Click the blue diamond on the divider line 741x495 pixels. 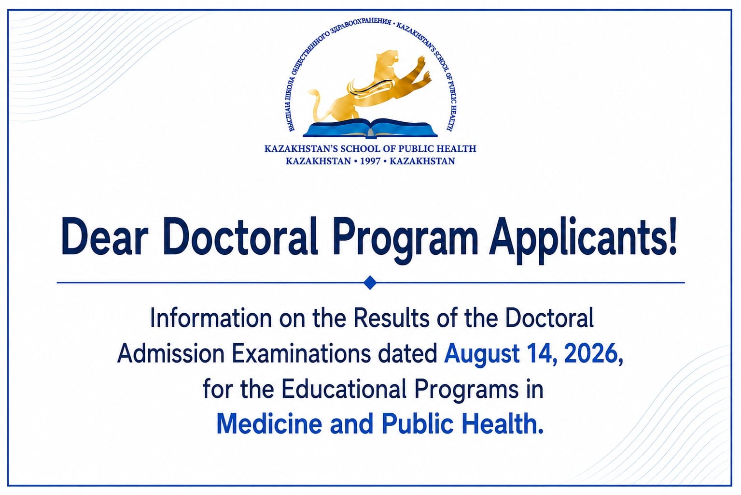pyautogui.click(x=370, y=283)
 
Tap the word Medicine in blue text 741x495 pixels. pyautogui.click(x=269, y=424)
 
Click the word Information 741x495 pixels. pyautogui.click(x=211, y=318)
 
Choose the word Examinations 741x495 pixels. pyautogui.click(x=301, y=353)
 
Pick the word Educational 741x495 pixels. pyautogui.click(x=344, y=389)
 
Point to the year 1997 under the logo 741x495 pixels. pyautogui.click(x=370, y=161)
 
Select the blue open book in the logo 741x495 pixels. pyautogui.click(x=370, y=128)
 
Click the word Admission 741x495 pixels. pyautogui.click(x=171, y=353)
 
